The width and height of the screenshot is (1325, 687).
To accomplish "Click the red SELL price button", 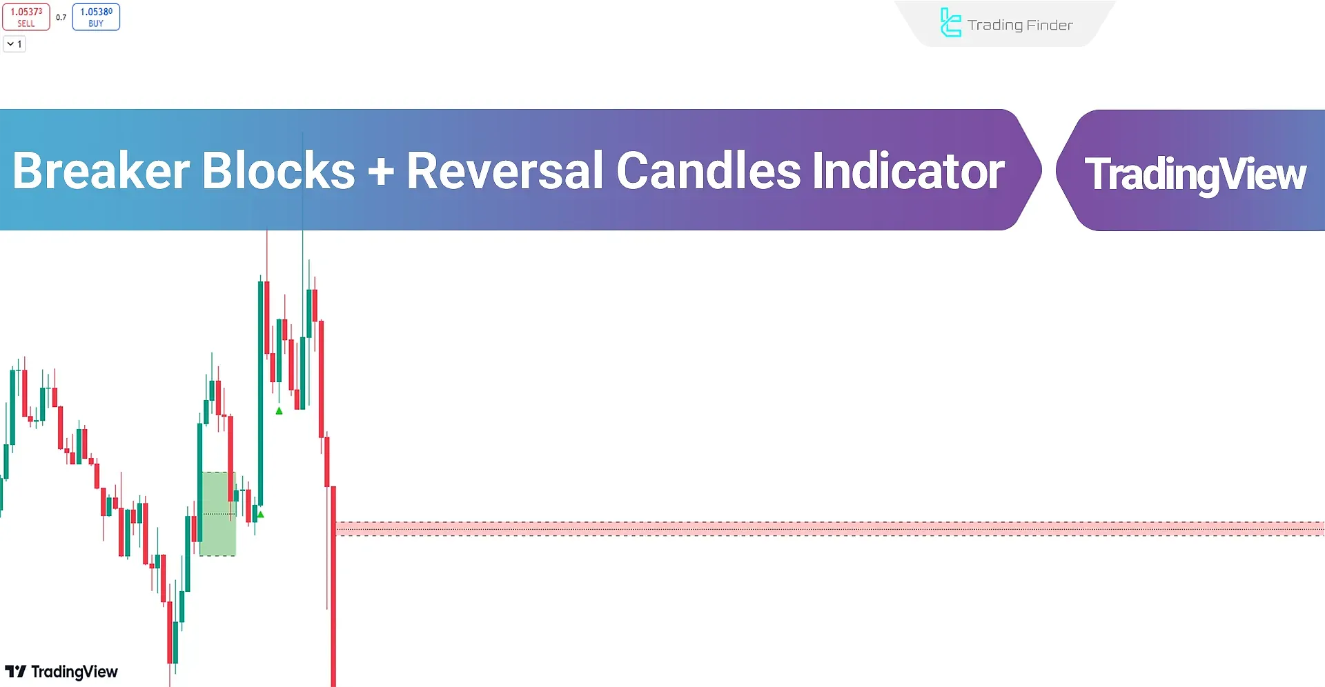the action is coord(26,17).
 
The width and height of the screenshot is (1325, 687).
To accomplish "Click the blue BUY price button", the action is coord(96,17).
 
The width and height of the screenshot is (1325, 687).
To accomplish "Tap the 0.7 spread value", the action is coord(61,17).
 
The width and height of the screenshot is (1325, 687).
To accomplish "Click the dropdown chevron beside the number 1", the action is coord(10,44).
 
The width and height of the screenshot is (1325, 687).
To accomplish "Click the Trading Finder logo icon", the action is coord(950,23).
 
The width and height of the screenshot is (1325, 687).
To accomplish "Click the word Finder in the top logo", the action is coord(1050,26).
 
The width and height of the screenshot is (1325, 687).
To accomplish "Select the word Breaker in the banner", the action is coord(101,170).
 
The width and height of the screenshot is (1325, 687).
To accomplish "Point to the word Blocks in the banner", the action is coord(279,170).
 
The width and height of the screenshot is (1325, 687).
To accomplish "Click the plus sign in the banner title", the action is coord(381,172).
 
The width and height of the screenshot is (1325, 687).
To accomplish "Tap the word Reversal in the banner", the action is coord(505,170).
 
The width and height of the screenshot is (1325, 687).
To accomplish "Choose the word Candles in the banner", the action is coord(708,170).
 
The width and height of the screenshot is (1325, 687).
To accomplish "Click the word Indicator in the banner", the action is coord(909,170).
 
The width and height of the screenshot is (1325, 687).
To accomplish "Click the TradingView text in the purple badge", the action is coord(1195,174).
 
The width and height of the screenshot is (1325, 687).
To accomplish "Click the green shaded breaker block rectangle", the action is coord(217,514).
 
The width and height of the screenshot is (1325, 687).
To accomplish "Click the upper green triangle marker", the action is coord(279,411).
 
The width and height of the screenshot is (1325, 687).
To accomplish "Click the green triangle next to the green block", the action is coord(260,515).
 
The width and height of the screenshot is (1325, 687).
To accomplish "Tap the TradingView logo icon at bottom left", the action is coord(15,672).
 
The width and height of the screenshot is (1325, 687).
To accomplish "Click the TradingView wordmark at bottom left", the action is coord(75,672).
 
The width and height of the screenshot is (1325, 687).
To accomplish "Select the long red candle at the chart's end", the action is coord(333,586).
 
